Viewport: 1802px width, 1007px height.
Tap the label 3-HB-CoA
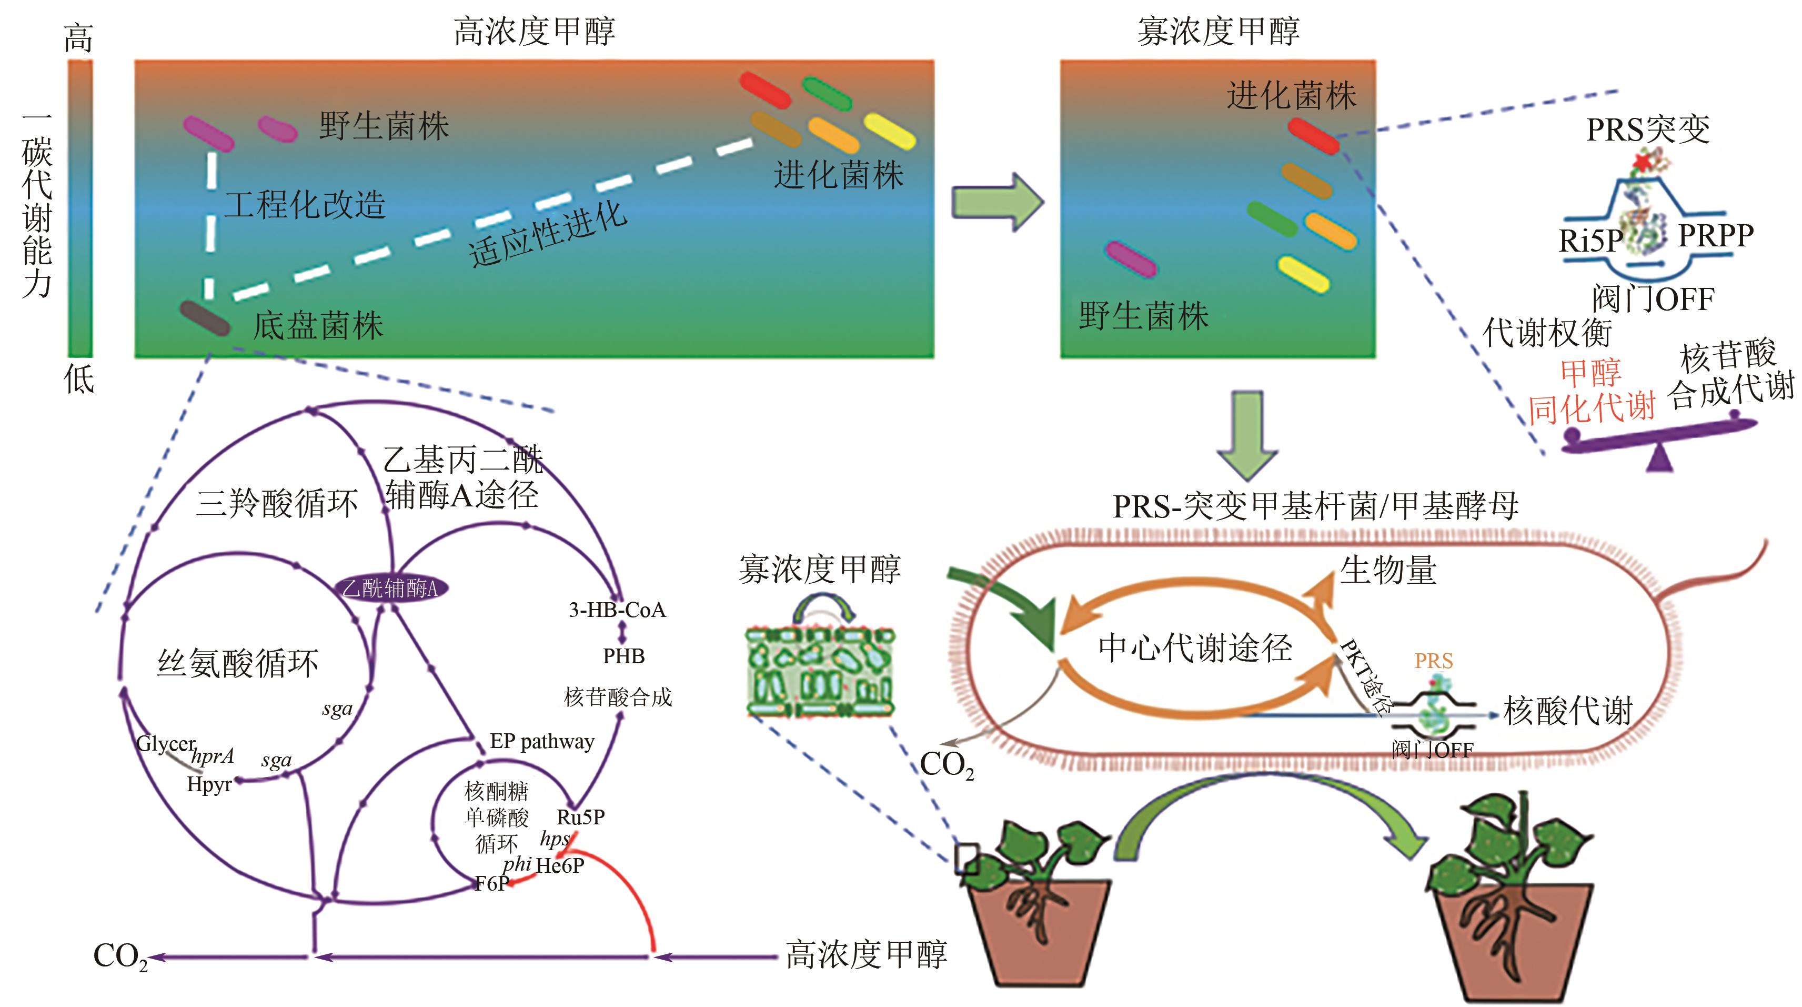617,610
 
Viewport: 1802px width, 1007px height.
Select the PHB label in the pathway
623,656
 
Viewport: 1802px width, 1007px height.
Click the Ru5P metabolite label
581,816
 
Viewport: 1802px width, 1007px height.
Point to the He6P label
560,865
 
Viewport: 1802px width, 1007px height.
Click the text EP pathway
542,741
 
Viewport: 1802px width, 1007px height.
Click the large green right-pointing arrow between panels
998,202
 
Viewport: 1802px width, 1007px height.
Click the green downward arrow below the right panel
1246,434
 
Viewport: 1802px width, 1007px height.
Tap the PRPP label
1716,236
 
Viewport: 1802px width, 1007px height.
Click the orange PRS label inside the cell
1433,661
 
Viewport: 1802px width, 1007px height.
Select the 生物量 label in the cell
1388,570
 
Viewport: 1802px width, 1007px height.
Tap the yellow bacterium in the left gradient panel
890,131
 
